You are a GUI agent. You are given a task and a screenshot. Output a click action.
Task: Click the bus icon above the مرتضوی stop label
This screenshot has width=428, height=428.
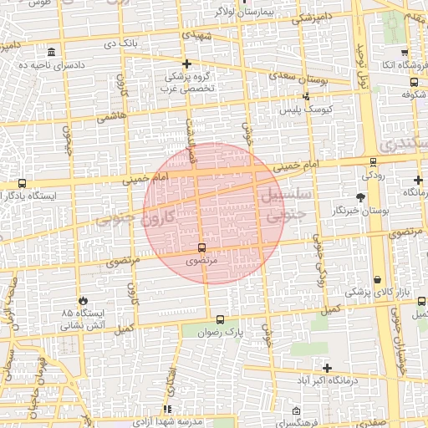click(201, 248)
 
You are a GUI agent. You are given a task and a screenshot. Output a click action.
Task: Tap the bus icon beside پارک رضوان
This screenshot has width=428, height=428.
click(220, 319)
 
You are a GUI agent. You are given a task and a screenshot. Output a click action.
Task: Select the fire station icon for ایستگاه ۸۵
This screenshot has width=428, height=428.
click(83, 300)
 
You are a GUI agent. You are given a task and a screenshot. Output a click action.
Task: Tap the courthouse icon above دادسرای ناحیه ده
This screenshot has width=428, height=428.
click(52, 52)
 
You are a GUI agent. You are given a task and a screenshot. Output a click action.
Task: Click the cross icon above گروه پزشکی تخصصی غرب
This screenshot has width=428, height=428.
click(186, 64)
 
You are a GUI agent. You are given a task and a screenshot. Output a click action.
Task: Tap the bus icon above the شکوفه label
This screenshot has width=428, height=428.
click(414, 82)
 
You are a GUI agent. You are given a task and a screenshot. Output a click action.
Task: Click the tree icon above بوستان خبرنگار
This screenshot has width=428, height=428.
click(360, 197)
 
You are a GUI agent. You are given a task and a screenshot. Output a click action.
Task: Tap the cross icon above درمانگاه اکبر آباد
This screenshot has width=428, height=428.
click(326, 368)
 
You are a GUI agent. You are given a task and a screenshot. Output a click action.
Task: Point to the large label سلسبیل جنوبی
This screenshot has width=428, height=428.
click(286, 206)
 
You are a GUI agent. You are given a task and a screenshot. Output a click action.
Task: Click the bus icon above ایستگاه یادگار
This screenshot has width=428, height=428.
click(22, 183)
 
